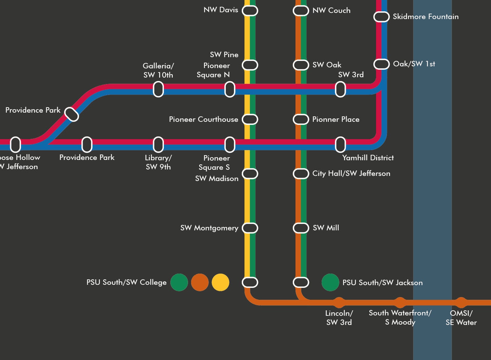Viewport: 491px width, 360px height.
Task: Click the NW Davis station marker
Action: click(x=250, y=11)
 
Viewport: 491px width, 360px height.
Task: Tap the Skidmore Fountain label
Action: click(x=425, y=17)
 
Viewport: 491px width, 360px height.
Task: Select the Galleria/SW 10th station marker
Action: click(x=158, y=89)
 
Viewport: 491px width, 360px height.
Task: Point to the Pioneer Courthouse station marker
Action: click(x=250, y=119)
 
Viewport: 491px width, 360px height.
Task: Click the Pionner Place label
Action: click(x=336, y=119)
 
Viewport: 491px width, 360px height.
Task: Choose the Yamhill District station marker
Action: click(x=340, y=144)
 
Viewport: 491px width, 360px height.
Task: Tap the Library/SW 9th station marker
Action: click(x=158, y=144)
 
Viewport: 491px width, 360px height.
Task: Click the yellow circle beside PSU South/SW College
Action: click(x=220, y=282)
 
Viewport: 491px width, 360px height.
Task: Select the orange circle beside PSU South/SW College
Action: click(x=200, y=282)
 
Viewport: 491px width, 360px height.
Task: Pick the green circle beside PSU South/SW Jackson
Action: click(x=330, y=282)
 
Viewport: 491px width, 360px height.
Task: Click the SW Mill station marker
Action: click(x=301, y=228)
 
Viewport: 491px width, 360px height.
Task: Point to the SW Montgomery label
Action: click(x=209, y=228)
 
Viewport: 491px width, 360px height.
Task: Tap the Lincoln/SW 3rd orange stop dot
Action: click(x=339, y=302)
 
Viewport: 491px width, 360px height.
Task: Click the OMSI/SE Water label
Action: click(x=461, y=318)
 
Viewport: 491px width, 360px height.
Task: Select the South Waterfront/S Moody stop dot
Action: click(x=400, y=302)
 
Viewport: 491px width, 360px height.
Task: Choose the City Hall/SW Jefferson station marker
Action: click(x=301, y=174)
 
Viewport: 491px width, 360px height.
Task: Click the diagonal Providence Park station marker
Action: click(x=72, y=114)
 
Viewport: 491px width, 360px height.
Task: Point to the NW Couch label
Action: click(x=331, y=10)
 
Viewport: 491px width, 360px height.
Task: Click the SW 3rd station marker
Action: click(x=340, y=89)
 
